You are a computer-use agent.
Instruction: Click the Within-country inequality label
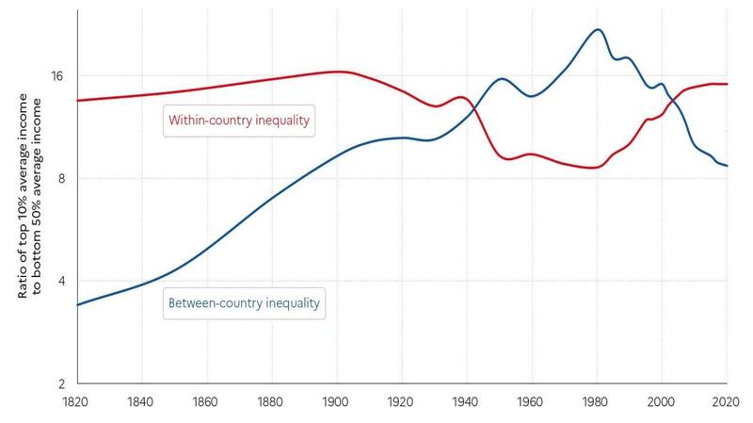pos(239,121)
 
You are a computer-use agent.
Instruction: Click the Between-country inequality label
pos(244,303)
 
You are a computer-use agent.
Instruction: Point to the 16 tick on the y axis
pos(57,75)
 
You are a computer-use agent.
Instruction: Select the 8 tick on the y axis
pos(61,178)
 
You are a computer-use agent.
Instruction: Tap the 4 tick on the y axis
pos(61,281)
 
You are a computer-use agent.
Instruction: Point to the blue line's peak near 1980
pos(597,29)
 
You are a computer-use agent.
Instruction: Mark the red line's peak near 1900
pos(338,72)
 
